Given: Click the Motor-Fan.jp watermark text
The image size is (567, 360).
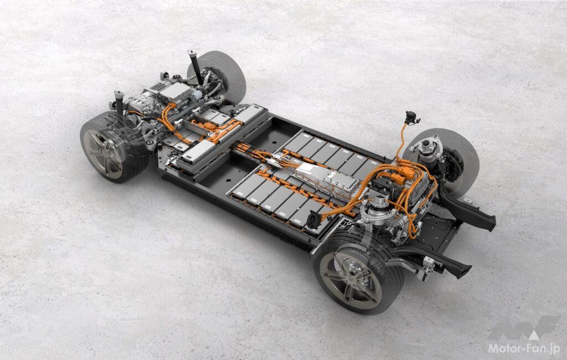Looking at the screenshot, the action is (x=524, y=348).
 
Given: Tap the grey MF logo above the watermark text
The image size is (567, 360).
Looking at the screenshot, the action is (x=524, y=327).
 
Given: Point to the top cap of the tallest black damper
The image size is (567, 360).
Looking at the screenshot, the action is (x=192, y=54).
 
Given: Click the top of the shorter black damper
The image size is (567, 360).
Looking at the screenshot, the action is (x=118, y=94).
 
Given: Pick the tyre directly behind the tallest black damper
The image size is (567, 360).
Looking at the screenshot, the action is (x=218, y=75).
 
